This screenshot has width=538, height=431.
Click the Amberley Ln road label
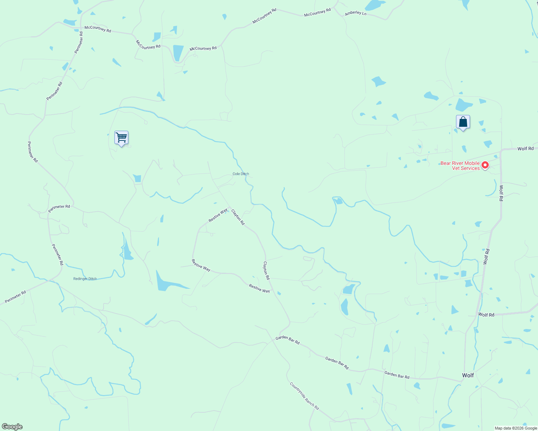[355, 13]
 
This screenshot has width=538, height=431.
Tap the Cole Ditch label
[241, 174]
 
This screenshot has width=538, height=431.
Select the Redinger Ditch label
[85, 279]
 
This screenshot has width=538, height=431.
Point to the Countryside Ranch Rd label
[304, 396]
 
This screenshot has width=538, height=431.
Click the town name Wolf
[468, 375]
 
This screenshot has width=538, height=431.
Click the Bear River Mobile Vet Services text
[460, 166]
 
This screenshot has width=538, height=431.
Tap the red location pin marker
[485, 165]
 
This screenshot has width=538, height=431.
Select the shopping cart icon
[121, 138]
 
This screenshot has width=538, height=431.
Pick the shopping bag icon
[463, 122]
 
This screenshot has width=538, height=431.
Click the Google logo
[12, 427]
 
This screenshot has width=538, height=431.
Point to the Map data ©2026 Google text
[516, 428]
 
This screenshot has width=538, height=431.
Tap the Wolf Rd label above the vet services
[525, 149]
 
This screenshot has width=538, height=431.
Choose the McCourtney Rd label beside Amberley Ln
[317, 13]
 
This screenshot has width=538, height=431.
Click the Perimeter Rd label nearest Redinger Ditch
[58, 255]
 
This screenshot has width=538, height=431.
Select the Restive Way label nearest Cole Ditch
[218, 215]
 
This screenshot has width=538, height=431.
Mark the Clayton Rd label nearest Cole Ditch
[238, 217]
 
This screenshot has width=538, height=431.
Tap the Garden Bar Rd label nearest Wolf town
[397, 375]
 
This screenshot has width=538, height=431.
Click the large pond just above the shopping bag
[464, 105]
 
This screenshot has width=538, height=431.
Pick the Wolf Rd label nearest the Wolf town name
[486, 315]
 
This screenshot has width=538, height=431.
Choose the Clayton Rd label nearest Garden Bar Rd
[266, 270]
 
